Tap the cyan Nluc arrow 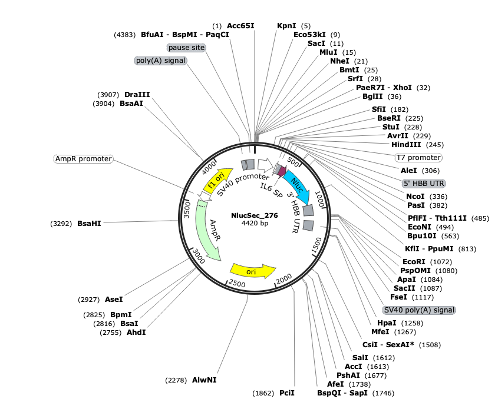coord(298,187)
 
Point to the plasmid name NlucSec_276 coord(255,215)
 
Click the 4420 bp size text coord(255,223)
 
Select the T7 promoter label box coord(418,158)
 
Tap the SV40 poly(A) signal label coord(419,310)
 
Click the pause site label coord(186,48)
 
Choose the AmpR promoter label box coord(84,159)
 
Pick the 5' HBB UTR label coord(424,183)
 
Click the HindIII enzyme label coord(406,145)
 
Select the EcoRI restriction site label coord(414,261)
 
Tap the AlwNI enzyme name coord(205,380)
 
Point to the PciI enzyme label coord(287,393)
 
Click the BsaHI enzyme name coord(89,224)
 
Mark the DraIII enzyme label coord(137,95)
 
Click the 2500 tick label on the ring coord(237,283)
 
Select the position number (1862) coord(263,393)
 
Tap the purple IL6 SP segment coord(282,171)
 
